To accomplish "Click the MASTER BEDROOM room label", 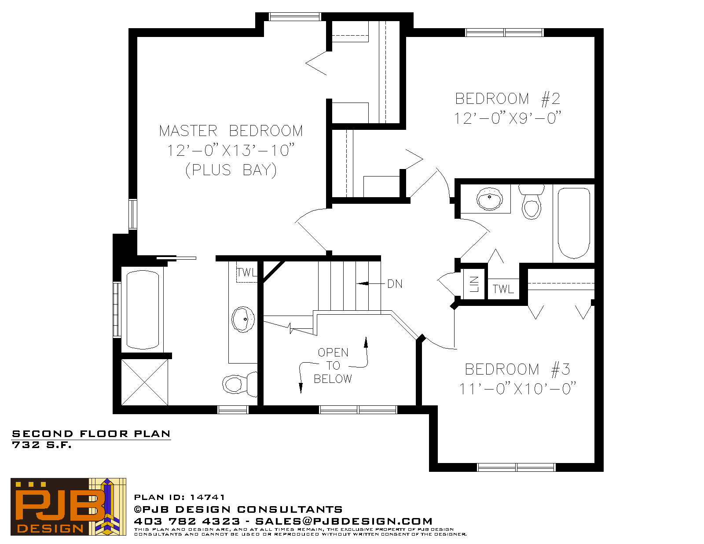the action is tap(231, 131).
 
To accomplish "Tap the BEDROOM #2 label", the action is tap(507, 99).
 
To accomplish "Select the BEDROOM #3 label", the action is tap(517, 369).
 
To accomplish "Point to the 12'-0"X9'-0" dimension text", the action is tap(507, 118).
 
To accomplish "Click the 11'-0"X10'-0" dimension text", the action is tap(517, 389).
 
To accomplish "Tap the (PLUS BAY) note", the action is tap(231, 170).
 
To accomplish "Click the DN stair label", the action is tap(395, 284).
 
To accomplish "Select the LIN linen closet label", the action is tap(474, 284).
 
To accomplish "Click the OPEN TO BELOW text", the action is tap(333, 365).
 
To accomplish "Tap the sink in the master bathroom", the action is tap(243, 320).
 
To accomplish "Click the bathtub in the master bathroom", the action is tap(143, 310).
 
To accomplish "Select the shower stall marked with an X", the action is tap(144, 382).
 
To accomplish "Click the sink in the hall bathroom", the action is tap(490, 198).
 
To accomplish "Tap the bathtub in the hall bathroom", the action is tap(574, 223).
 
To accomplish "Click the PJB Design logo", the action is tap(68, 507).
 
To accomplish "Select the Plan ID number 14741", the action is tap(207, 497).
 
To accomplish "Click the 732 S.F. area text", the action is tap(41, 445).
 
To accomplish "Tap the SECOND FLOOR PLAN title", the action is tap(91, 434).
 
